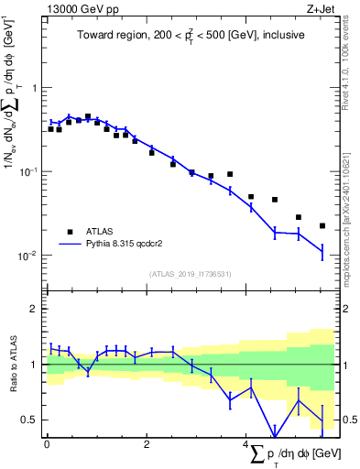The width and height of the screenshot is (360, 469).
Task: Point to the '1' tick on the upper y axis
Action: [x=36, y=88]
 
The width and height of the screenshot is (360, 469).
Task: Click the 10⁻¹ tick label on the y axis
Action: [x=29, y=171]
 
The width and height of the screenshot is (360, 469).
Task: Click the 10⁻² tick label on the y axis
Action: [x=29, y=255]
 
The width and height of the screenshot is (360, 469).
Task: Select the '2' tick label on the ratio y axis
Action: [x=36, y=310]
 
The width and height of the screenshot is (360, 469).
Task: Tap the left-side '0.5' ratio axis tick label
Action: [x=30, y=420]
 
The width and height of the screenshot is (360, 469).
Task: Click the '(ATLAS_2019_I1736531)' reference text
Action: [x=191, y=274]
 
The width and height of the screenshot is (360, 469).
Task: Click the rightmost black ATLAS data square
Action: [x=322, y=225]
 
